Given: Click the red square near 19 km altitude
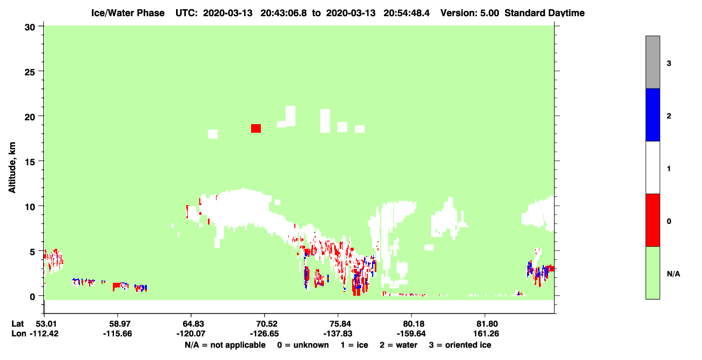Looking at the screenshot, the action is [x=256, y=128].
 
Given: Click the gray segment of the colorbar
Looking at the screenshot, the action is [x=652, y=62].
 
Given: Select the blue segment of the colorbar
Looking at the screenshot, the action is [x=652, y=114].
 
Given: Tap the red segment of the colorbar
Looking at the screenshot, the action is [x=652, y=220].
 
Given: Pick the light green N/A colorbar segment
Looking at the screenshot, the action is [x=652, y=273].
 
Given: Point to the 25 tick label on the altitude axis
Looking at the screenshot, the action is [x=30, y=72].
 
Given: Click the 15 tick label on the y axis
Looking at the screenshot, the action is [x=30, y=162].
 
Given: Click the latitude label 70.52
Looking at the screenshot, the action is [x=265, y=324].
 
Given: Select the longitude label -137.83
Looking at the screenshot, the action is [x=338, y=334].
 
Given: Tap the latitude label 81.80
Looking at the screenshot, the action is [x=485, y=324].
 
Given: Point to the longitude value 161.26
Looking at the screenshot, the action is [x=486, y=334].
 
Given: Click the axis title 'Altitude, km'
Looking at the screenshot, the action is [x=12, y=167].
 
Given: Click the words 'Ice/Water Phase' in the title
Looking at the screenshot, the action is [x=128, y=13].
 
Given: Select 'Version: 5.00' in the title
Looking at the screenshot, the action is [x=469, y=13].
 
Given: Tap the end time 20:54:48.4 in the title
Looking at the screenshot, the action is [x=407, y=13].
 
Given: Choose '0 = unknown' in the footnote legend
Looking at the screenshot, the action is [x=303, y=345].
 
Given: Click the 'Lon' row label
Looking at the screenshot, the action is [x=19, y=334].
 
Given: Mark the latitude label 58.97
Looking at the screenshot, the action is [x=118, y=324].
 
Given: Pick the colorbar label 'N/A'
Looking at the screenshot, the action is [x=673, y=274].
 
